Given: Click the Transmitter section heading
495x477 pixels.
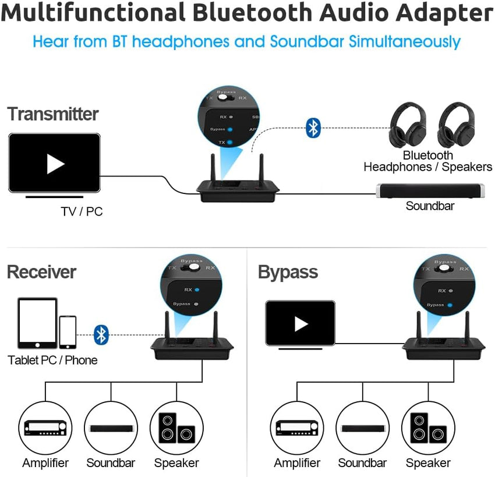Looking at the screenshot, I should pyautogui.click(x=53, y=114).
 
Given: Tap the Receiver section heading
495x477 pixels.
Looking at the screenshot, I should pyautogui.click(x=41, y=272).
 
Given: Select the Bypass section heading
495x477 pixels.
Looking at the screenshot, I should pyautogui.click(x=288, y=272).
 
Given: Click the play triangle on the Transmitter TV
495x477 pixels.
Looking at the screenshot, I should pyautogui.click(x=55, y=164).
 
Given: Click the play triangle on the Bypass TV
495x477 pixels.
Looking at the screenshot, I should pyautogui.click(x=300, y=323).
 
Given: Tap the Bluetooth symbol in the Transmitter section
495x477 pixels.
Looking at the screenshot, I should pyautogui.click(x=313, y=128).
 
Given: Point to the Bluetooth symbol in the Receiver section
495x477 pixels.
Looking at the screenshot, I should pyautogui.click(x=102, y=334).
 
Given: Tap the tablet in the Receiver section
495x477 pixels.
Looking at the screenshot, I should pyautogui.click(x=37, y=323).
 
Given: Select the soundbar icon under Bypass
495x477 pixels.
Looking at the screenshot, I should pyautogui.click(x=362, y=428).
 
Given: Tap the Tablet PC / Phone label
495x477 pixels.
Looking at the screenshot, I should pyautogui.click(x=52, y=360).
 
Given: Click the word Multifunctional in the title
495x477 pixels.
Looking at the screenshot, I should pyautogui.click(x=94, y=13).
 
